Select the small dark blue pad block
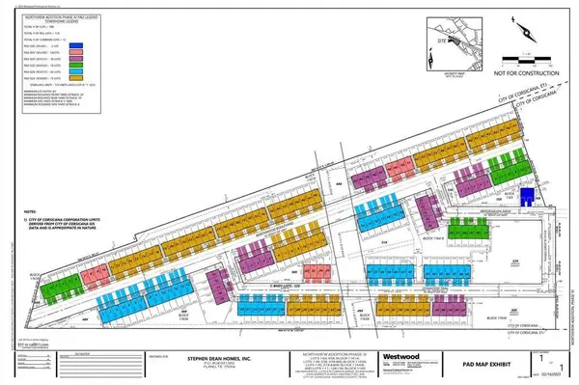(526, 196)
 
